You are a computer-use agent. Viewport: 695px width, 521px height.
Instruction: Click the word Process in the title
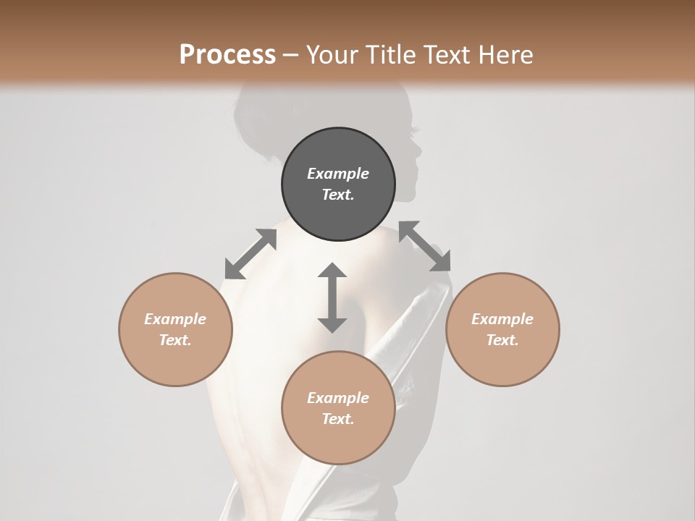(227, 55)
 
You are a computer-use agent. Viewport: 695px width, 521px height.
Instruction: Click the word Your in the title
(333, 55)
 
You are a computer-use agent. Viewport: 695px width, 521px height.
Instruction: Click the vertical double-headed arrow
(332, 297)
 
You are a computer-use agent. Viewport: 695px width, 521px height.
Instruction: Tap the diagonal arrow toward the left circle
(250, 254)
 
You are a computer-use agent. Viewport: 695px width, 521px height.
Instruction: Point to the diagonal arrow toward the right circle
(425, 247)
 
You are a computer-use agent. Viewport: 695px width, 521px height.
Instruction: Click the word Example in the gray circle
(338, 174)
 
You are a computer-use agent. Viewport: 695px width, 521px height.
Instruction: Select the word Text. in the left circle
(175, 340)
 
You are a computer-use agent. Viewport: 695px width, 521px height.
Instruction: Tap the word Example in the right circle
(502, 319)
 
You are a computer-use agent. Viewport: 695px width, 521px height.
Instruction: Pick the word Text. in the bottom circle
(338, 419)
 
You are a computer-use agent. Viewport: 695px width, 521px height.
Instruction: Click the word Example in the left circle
(175, 319)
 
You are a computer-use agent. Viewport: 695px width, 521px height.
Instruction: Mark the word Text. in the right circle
(502, 340)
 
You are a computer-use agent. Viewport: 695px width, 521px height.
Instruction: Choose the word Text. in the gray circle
(338, 195)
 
